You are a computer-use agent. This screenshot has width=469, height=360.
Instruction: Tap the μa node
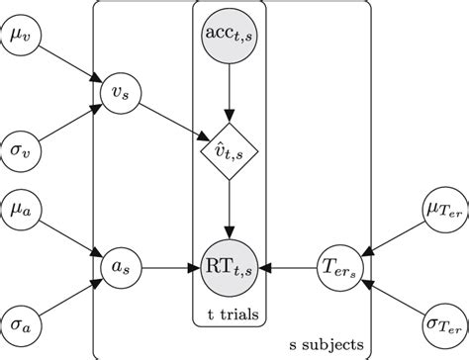tap(21, 212)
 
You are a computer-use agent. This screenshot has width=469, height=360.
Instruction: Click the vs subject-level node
tap(120, 94)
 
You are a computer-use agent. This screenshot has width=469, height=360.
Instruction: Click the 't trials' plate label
tap(231, 315)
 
